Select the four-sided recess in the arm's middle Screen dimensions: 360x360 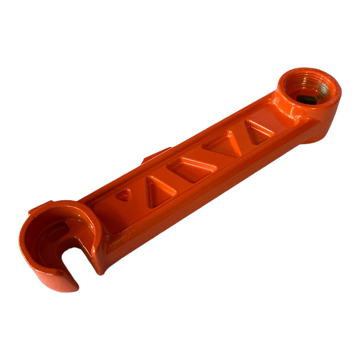pyautogui.click(x=192, y=170)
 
